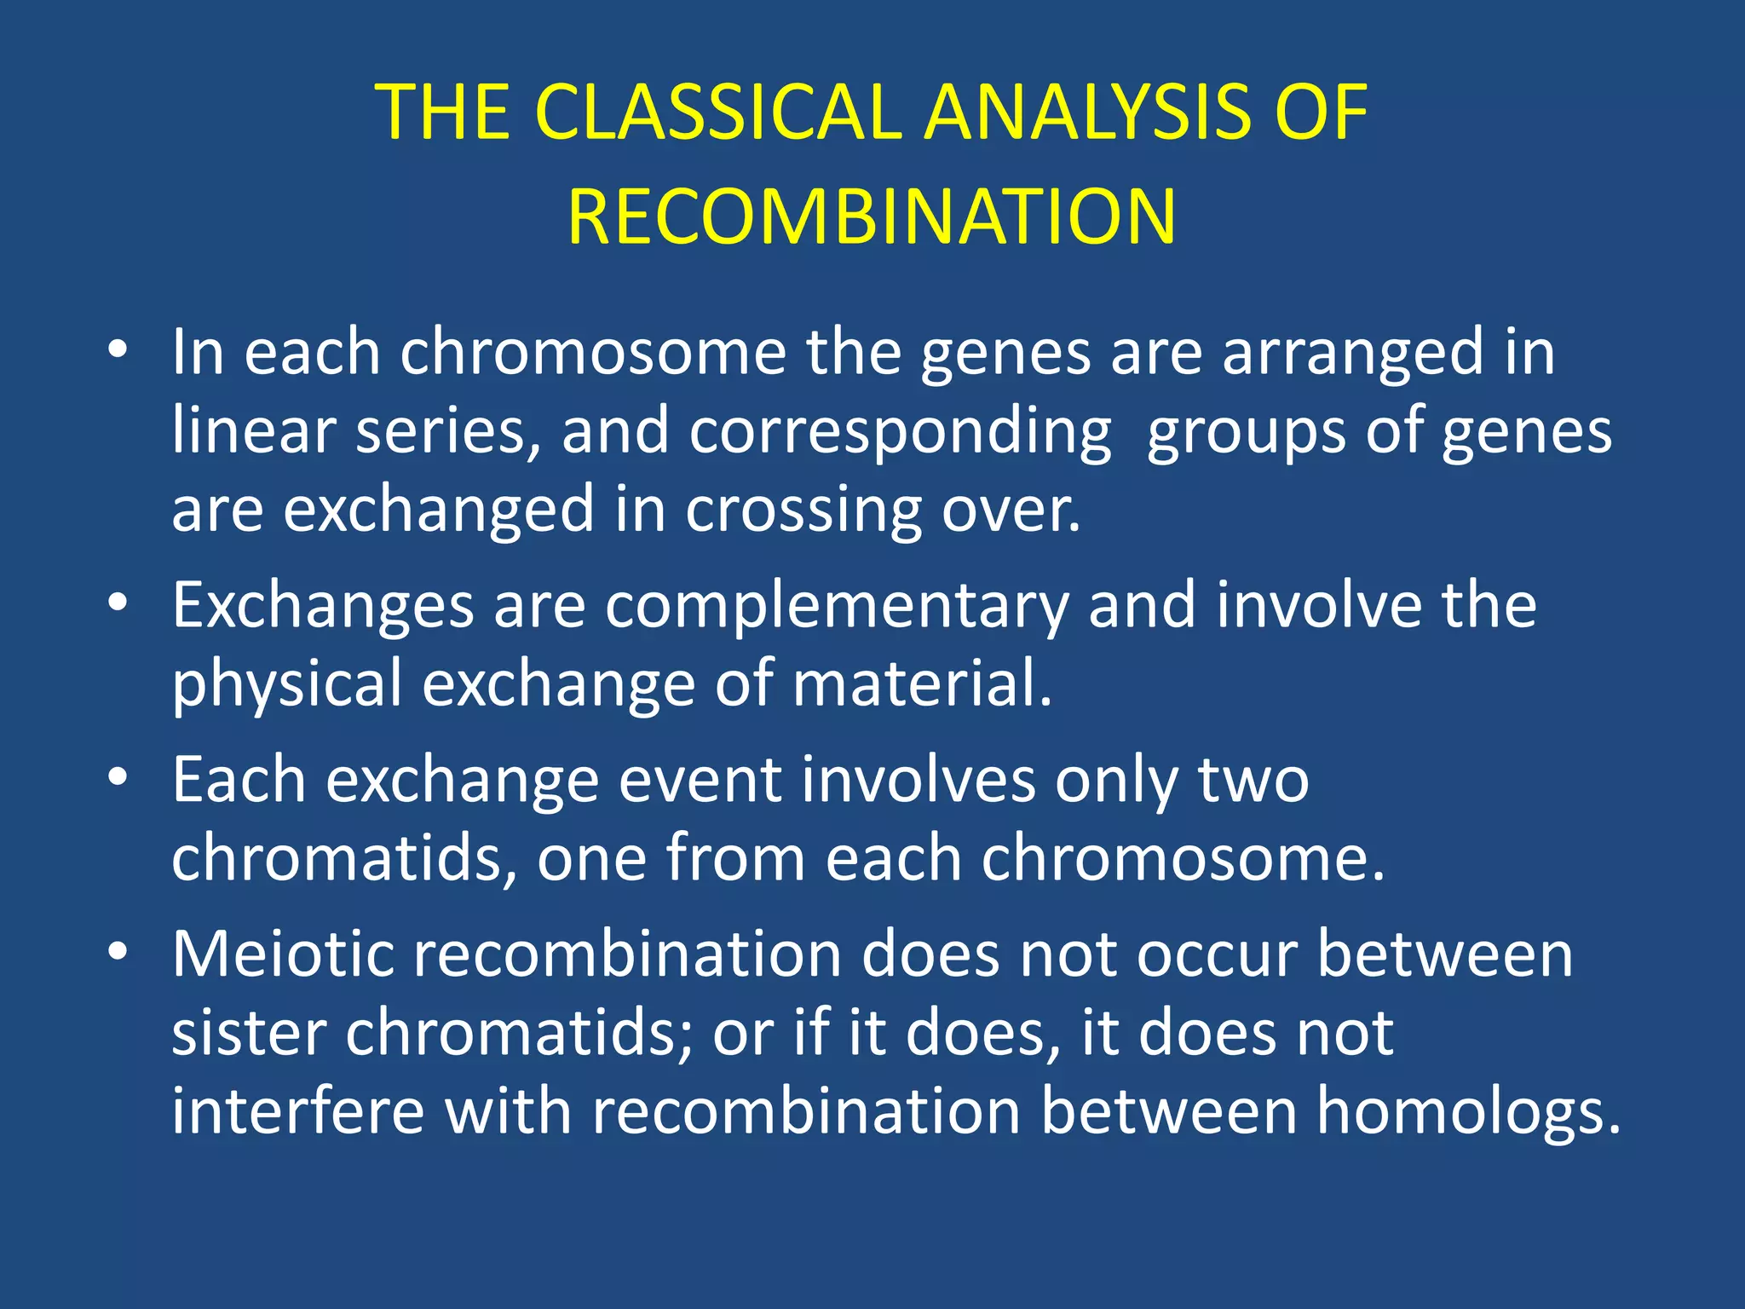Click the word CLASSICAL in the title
717,112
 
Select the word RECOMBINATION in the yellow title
872,217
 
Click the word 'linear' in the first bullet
253,430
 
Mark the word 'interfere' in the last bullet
297,1111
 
